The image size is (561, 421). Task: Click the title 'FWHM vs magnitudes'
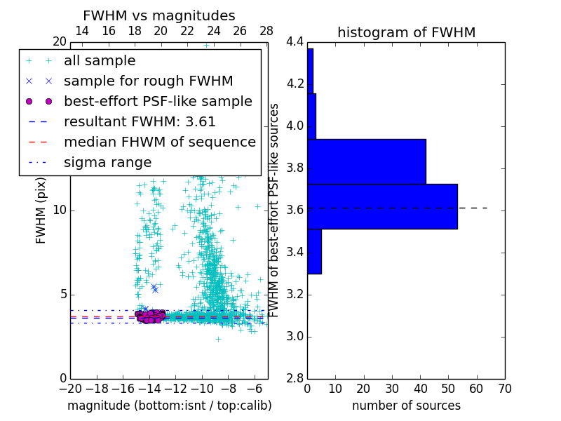158,16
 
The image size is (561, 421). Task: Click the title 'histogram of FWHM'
406,32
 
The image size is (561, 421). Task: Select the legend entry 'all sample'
100,61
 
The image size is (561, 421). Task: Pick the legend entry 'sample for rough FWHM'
148,81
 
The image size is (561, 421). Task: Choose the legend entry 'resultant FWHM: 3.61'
140,121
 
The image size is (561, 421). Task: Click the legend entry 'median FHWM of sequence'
159,142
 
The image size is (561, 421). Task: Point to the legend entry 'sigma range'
107,162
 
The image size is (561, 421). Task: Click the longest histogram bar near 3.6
382,206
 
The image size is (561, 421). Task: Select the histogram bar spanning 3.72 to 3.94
366,161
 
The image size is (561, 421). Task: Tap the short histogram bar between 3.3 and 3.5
314,251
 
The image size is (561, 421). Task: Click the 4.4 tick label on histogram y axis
295,42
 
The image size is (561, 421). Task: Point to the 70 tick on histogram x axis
503,388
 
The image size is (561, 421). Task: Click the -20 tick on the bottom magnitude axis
70,388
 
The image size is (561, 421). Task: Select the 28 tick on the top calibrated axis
266,32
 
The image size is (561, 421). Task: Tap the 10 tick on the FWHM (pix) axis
60,210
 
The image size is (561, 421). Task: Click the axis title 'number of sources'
406,406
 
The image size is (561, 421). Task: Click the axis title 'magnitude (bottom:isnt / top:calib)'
169,406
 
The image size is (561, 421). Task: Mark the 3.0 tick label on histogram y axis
295,337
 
